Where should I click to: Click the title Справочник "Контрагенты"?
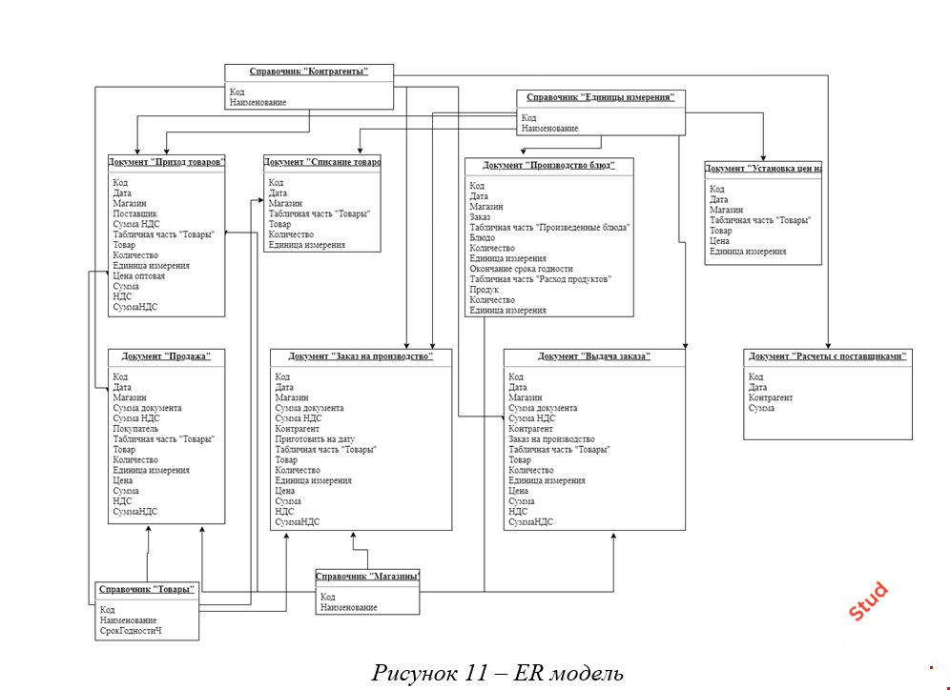tap(308, 71)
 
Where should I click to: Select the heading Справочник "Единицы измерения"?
tap(600, 97)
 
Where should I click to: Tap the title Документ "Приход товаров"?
tap(168, 161)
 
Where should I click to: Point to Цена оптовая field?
tap(138, 276)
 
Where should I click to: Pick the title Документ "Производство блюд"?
tap(548, 166)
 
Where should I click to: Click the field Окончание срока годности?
tap(521, 269)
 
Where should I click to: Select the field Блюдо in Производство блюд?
tap(482, 237)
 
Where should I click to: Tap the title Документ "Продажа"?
tap(166, 356)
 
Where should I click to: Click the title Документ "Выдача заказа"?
tap(593, 356)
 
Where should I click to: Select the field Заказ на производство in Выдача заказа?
tap(558, 439)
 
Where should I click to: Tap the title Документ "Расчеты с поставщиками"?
tap(827, 356)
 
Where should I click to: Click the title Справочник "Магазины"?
tap(368, 577)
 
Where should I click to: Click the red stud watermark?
tap(868, 601)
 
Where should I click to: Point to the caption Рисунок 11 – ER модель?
tap(497, 673)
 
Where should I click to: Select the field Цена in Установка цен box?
tap(720, 241)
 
